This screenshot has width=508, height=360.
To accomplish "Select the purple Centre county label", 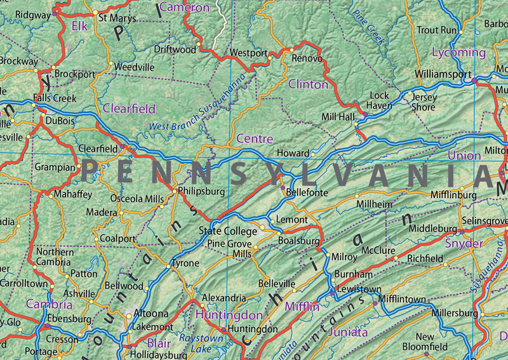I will point(255,138).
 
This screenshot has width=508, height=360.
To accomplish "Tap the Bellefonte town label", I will point(307,192).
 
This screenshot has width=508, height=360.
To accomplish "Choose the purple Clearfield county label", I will point(129,109).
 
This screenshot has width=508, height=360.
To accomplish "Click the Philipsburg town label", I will point(202,190).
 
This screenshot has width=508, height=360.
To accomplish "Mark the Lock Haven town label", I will point(380,100).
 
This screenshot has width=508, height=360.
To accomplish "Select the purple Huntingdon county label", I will point(229,315).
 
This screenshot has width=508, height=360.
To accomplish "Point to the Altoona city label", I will point(150,313).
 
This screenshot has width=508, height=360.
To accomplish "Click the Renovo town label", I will point(307,58).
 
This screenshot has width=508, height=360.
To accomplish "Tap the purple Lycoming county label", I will point(458,52).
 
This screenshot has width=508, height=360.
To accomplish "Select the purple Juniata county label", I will point(348,332).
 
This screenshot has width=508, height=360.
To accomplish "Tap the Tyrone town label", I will point(186,263).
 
